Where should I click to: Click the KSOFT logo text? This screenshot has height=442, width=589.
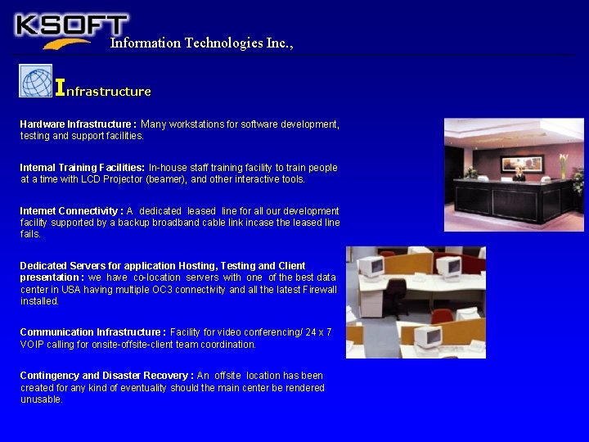pyautogui.click(x=72, y=25)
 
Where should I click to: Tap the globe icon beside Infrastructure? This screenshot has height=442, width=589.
pyautogui.click(x=36, y=81)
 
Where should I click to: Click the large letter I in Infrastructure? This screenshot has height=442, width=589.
pyautogui.click(x=60, y=86)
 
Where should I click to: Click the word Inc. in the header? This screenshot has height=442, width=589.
pyautogui.click(x=278, y=43)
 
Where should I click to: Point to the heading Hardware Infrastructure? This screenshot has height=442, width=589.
pyautogui.click(x=78, y=124)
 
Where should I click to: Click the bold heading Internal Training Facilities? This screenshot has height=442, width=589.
pyautogui.click(x=82, y=168)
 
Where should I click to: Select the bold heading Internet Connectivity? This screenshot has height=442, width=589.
pyautogui.click(x=71, y=211)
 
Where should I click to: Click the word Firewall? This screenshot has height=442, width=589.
pyautogui.click(x=318, y=290)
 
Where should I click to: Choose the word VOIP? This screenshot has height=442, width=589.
pyautogui.click(x=33, y=345)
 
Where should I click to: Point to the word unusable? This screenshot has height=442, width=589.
pyautogui.click(x=42, y=399)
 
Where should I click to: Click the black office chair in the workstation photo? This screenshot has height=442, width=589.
pyautogui.click(x=395, y=294)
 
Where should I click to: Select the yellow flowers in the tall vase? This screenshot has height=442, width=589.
pyautogui.click(x=563, y=159)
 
